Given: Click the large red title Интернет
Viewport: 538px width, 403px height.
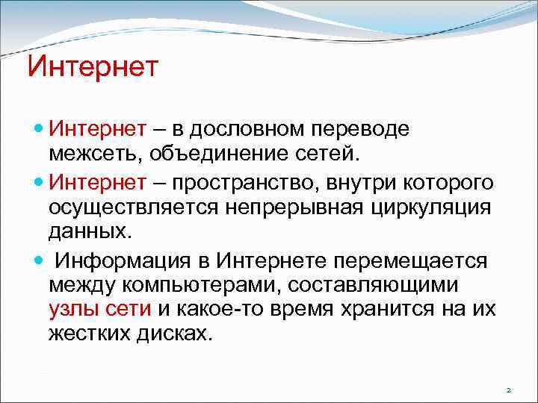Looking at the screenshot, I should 93,66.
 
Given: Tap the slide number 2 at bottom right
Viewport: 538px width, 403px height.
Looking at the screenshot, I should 508,390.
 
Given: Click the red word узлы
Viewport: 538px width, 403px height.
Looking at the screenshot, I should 75,309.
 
